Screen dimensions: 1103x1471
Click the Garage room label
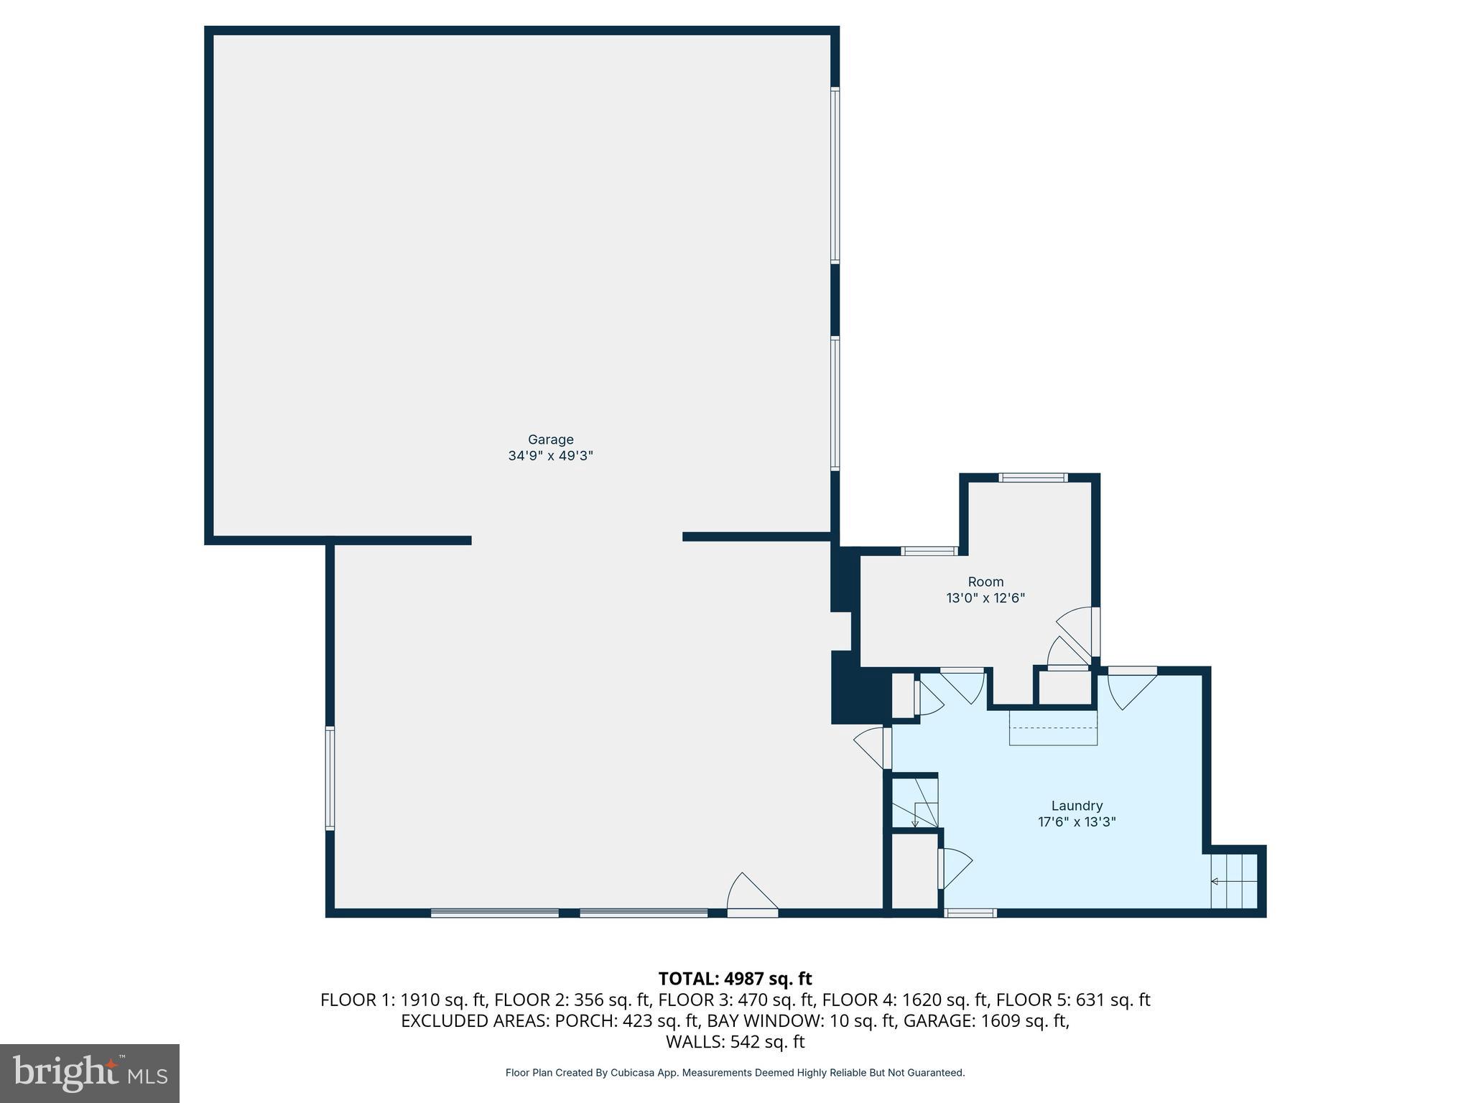click(550, 439)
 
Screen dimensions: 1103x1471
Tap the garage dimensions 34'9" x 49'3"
click(550, 456)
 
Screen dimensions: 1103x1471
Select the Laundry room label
click(1076, 806)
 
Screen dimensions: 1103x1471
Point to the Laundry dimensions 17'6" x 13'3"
click(1076, 822)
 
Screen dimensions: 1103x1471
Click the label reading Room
click(985, 582)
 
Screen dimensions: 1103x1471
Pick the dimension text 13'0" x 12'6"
click(985, 598)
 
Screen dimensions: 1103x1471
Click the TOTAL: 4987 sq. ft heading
click(735, 979)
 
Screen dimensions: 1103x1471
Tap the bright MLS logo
click(90, 1074)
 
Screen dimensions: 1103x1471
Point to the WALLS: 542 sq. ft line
click(735, 1042)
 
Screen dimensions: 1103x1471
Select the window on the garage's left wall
click(330, 778)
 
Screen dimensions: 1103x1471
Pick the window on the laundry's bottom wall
click(970, 913)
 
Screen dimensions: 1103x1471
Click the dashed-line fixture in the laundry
click(1053, 727)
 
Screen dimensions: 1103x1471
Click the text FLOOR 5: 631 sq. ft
click(1073, 1000)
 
